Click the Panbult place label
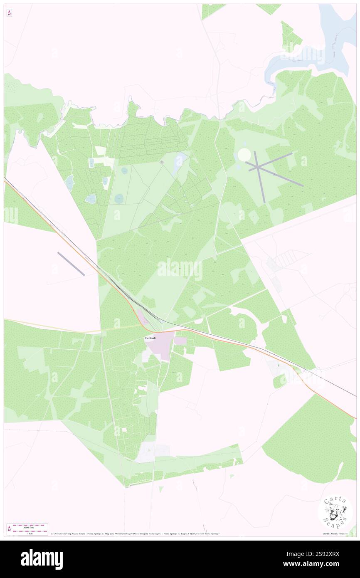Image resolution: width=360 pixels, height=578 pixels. [150, 338]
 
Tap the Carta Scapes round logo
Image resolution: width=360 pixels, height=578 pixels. [335, 511]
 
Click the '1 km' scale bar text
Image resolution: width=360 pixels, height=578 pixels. [30, 534]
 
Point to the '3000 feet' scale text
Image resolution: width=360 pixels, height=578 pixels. [30, 526]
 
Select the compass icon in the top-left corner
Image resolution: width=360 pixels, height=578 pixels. [9, 13]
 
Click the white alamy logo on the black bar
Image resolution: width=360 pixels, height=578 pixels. [42, 559]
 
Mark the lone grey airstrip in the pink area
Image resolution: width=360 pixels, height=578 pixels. [71, 264]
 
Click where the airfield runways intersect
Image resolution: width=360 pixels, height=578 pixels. [258, 167]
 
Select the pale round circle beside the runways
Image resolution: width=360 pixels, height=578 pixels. [244, 155]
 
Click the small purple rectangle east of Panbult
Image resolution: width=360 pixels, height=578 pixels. [180, 341]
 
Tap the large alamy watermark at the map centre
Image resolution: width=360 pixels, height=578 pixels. [180, 270]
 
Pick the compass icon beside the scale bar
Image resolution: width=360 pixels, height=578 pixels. [9, 529]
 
